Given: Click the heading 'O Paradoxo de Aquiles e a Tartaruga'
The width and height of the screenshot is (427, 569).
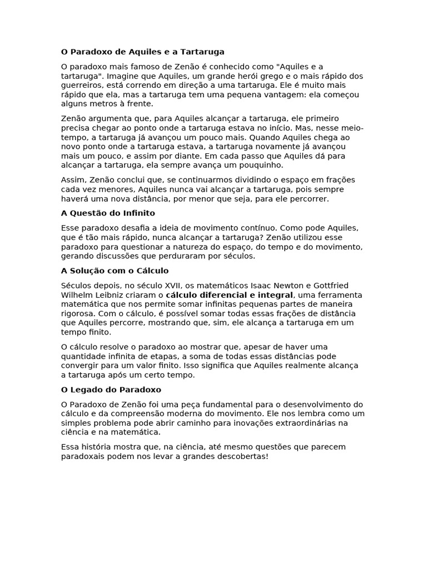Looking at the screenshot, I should click(143, 52).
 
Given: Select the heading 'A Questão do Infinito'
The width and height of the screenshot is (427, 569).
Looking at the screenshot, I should click(108, 213).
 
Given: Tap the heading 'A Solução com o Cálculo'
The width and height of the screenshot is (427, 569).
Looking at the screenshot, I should click(115, 271).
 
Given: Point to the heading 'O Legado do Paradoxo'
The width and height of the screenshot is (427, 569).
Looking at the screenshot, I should click(111, 390).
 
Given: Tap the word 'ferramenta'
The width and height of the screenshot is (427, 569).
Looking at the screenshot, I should click(339, 295).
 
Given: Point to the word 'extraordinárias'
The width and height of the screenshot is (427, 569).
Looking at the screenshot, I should click(300, 422).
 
